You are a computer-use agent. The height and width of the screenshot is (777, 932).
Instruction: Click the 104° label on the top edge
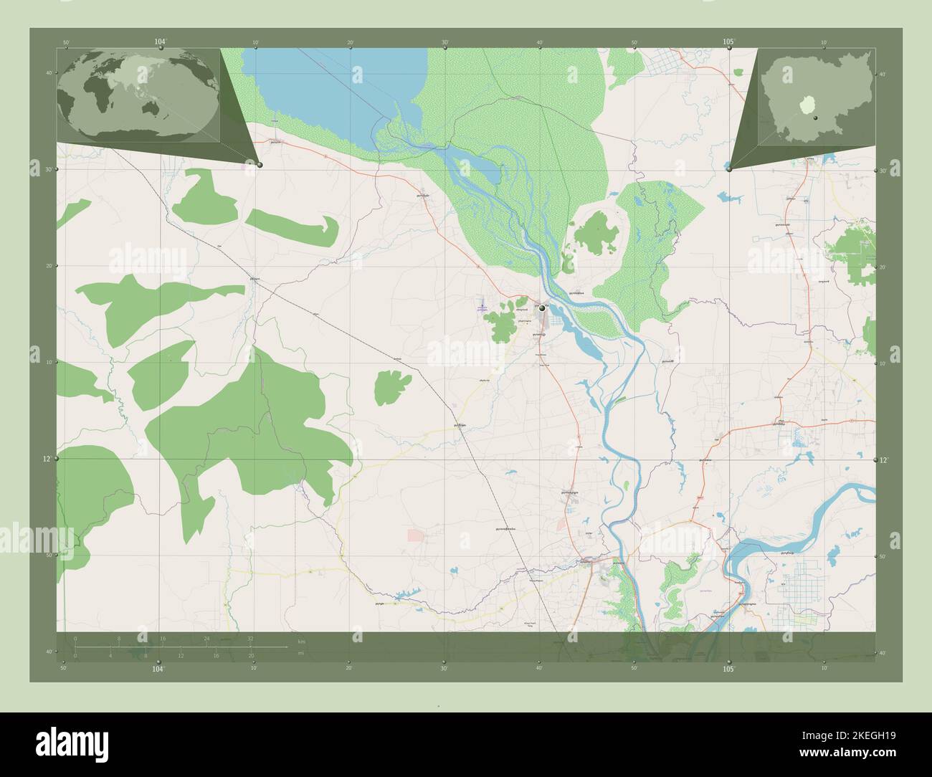[x=160, y=42]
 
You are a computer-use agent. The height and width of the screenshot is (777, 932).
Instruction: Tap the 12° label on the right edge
[x=884, y=459]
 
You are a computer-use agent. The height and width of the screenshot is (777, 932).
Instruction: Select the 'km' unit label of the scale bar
[x=303, y=640]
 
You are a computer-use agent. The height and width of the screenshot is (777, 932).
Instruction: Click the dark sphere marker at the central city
[x=542, y=308]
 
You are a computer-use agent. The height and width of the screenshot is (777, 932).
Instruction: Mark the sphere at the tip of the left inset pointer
[x=260, y=165]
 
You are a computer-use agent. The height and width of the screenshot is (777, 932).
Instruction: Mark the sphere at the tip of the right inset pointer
[x=729, y=169]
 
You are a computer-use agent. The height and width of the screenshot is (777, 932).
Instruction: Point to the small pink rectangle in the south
[x=416, y=535]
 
